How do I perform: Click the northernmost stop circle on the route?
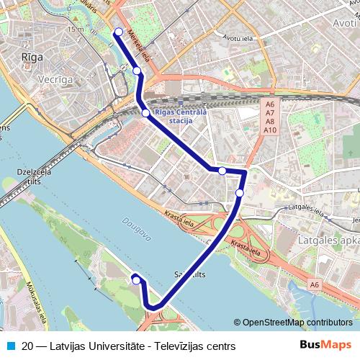[x=119, y=31]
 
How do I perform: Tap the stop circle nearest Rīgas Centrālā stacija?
[x=145, y=113]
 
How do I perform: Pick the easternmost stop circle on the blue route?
[x=240, y=193]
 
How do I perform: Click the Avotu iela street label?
[x=238, y=37]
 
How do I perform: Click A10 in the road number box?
[x=270, y=130]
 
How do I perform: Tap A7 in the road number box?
[x=270, y=113]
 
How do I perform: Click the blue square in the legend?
[x=9, y=346]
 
